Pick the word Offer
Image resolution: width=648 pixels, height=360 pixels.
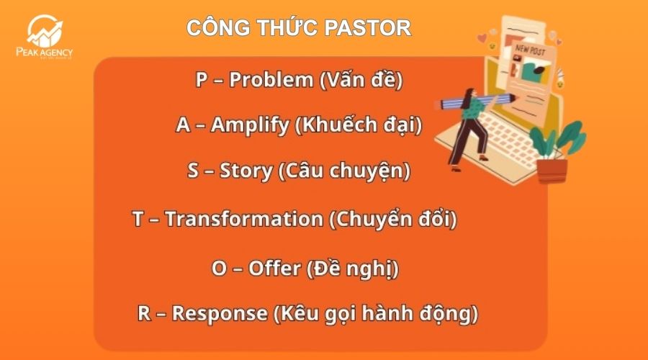point(274,269)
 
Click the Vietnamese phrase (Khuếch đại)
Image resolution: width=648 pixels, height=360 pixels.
point(359,125)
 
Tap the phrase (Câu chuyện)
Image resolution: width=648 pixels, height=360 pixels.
point(344,171)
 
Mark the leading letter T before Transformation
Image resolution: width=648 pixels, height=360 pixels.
point(138,219)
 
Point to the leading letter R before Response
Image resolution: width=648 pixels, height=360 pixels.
point(145,314)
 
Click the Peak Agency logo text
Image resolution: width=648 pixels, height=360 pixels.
point(44,53)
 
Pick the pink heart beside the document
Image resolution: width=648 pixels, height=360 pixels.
point(492,34)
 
